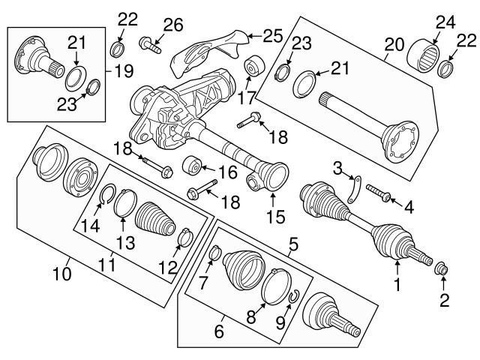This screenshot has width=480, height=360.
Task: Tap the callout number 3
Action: pos(338,166)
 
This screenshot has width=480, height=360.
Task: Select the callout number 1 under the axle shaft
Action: pos(397,284)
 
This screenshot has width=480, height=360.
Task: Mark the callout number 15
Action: pos(272,219)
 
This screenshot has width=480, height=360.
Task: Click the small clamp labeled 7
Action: pos(213,254)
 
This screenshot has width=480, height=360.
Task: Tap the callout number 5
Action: pos(293,243)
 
